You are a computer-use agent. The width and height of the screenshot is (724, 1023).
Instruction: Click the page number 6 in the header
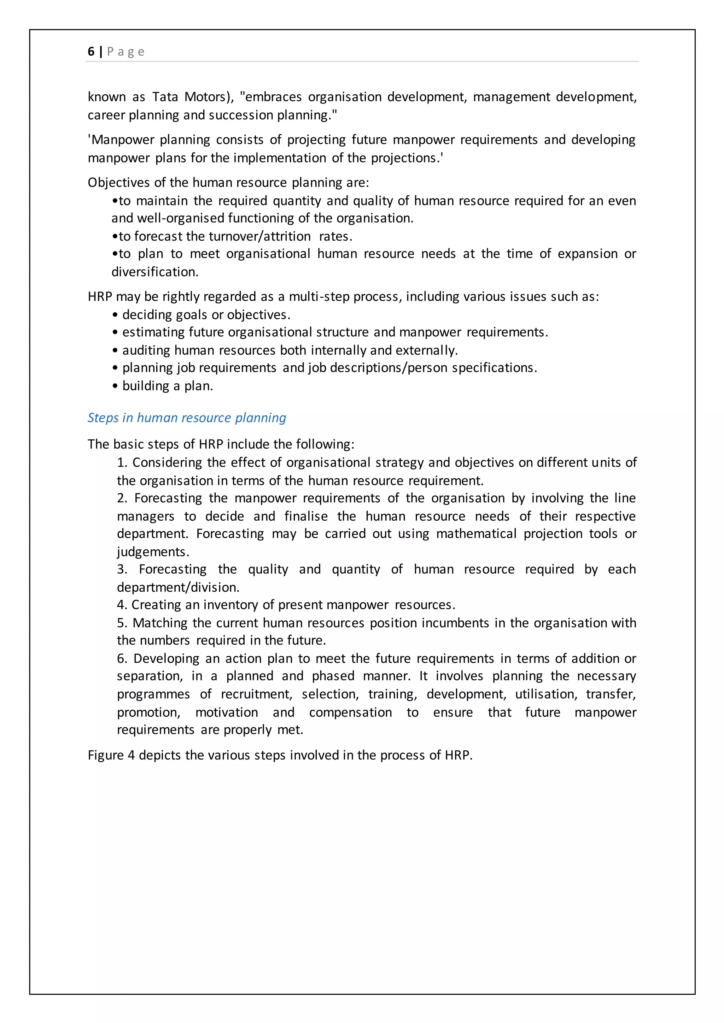91,52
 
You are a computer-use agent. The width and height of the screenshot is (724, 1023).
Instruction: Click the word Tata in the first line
165,97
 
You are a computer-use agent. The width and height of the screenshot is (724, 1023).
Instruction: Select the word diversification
155,272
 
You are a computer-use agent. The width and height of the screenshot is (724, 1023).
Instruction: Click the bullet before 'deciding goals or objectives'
115,315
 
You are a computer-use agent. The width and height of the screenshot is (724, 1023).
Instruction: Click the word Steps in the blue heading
103,418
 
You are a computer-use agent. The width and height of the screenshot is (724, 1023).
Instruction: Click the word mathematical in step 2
476,534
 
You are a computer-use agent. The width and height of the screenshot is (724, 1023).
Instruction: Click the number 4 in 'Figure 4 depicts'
131,755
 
